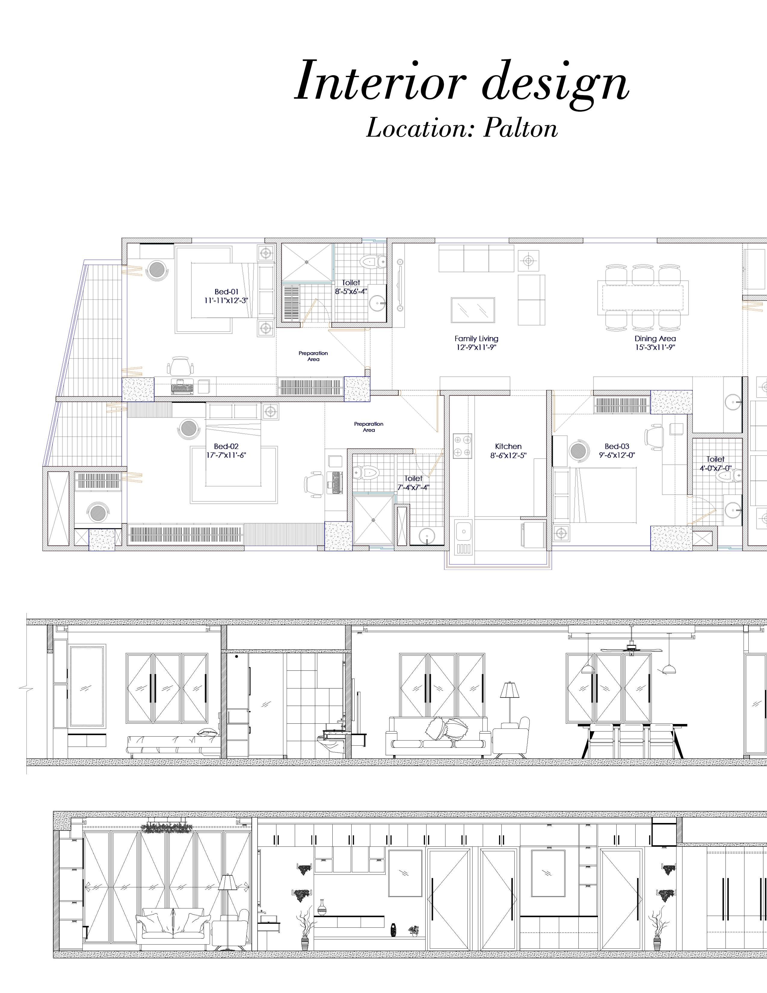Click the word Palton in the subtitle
521,128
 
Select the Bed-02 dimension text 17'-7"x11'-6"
226,455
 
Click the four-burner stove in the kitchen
463,446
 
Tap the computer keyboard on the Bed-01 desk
183,389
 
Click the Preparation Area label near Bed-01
313,356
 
